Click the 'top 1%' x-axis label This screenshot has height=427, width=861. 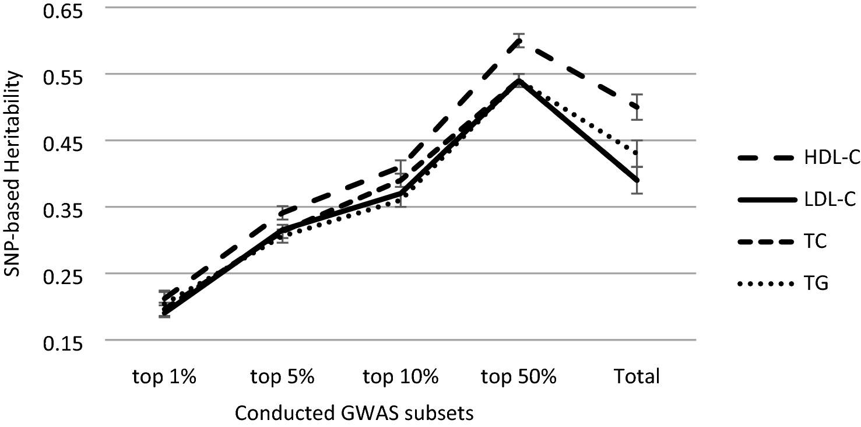(x=164, y=377)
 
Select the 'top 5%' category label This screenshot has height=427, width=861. (x=282, y=377)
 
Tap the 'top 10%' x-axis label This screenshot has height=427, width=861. (x=400, y=377)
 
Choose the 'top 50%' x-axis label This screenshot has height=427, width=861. (x=519, y=377)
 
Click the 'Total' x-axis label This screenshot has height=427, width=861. (x=637, y=377)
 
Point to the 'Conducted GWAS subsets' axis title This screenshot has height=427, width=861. (x=353, y=414)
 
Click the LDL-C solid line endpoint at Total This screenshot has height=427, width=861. (x=637, y=180)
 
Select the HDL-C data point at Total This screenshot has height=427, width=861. (x=637, y=107)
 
